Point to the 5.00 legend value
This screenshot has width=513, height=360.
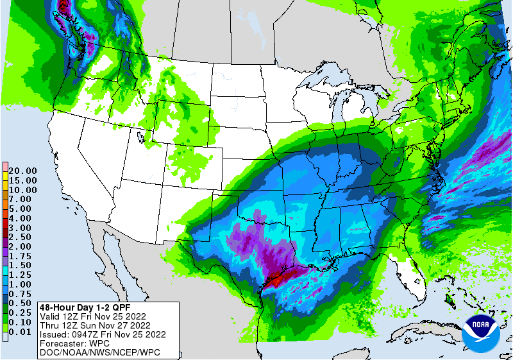point(21,209)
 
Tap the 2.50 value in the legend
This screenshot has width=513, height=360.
point(21,237)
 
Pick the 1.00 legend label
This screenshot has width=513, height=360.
point(21,284)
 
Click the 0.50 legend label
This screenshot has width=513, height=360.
point(21,302)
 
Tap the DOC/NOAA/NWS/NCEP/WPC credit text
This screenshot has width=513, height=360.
point(99,352)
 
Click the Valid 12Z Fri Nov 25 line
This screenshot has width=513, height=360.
point(92,316)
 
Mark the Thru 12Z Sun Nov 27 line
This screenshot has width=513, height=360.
point(94,325)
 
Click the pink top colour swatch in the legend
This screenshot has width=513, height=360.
point(5,166)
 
